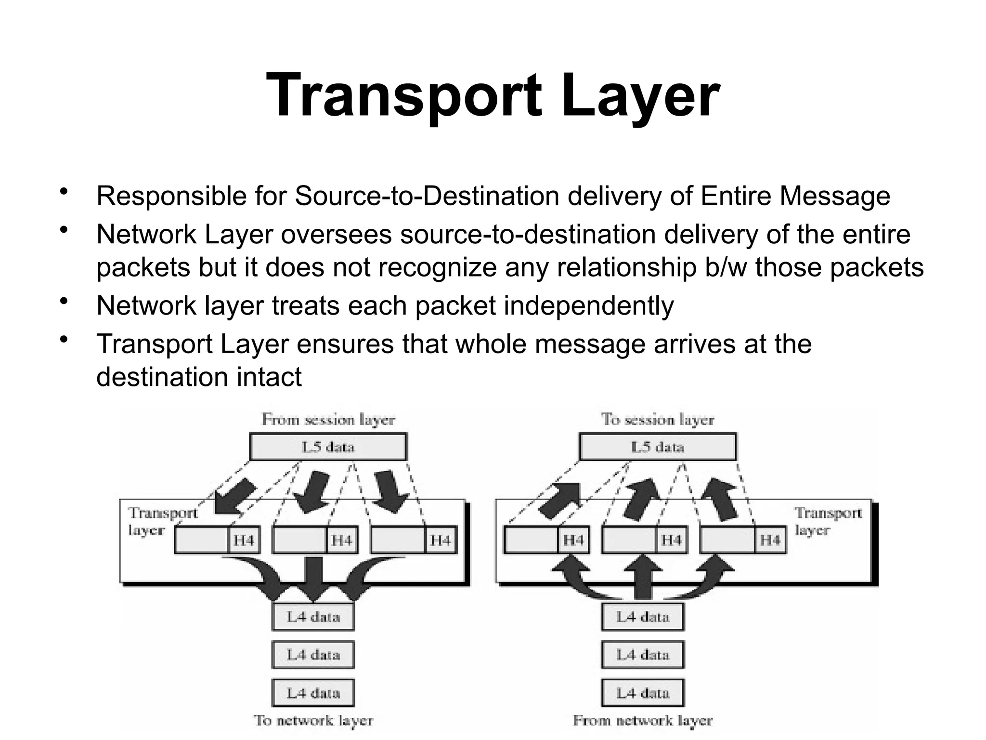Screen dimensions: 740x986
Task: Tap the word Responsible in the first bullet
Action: [x=172, y=197]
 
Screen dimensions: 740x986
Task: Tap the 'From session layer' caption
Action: [x=328, y=420]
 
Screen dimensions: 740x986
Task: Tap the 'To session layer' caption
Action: [x=658, y=420]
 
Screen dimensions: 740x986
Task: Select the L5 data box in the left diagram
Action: [x=328, y=447]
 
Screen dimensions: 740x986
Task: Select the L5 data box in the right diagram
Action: [x=658, y=447]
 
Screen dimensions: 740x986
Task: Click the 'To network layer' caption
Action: [x=313, y=721]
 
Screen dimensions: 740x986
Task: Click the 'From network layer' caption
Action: [x=643, y=721]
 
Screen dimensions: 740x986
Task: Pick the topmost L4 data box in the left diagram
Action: [x=313, y=617]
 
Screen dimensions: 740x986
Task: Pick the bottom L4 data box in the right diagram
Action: [x=643, y=693]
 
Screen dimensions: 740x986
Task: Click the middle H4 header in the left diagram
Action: [x=342, y=540]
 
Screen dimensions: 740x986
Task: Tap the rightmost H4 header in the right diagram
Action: [x=770, y=540]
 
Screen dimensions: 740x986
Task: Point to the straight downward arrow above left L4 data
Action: [x=314, y=578]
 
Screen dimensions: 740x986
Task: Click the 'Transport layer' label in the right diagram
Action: [x=828, y=521]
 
